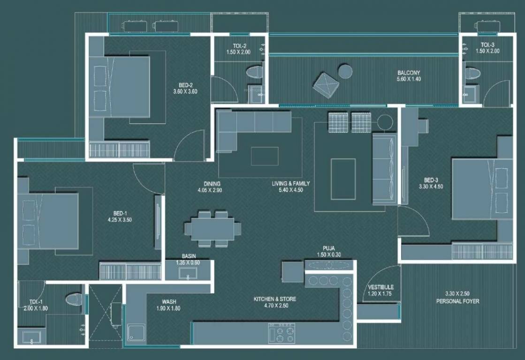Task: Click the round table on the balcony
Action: tap(345, 71)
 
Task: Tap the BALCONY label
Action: tap(409, 73)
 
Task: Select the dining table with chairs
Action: tap(213, 229)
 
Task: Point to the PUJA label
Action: tap(328, 248)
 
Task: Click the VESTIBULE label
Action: tap(380, 287)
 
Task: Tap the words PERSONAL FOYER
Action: tap(457, 301)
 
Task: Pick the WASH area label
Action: tap(169, 302)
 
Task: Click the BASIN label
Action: tap(189, 256)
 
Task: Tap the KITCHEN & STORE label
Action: tap(275, 299)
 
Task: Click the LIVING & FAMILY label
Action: tap(290, 184)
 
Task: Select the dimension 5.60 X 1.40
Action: tap(409, 80)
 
